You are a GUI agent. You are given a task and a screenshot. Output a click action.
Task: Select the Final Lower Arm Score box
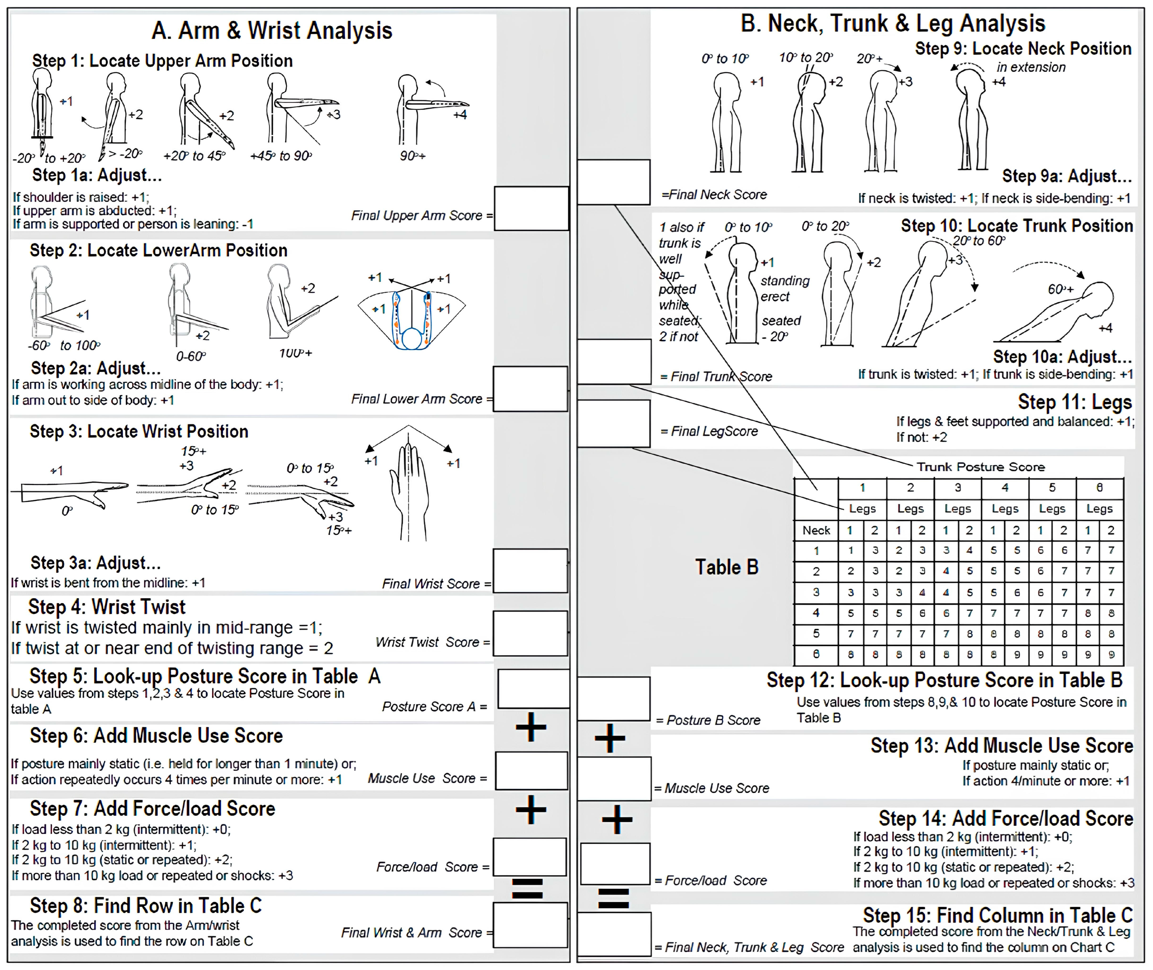(x=530, y=389)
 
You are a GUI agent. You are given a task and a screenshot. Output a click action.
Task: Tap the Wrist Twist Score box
(x=530, y=633)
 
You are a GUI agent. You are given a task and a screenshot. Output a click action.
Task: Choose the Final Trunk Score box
(x=614, y=361)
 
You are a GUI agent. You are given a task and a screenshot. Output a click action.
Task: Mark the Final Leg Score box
(x=614, y=423)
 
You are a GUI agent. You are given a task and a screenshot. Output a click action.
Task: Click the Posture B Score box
(x=614, y=698)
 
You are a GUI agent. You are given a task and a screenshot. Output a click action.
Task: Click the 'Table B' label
(x=726, y=567)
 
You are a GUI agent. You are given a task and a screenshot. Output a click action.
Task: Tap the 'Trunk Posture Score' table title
(x=980, y=467)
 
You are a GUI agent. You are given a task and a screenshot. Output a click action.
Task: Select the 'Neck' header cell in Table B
(x=816, y=530)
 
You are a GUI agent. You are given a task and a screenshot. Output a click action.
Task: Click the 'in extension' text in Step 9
(x=1031, y=67)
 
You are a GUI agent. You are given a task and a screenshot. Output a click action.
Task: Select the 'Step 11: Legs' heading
(x=1074, y=402)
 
